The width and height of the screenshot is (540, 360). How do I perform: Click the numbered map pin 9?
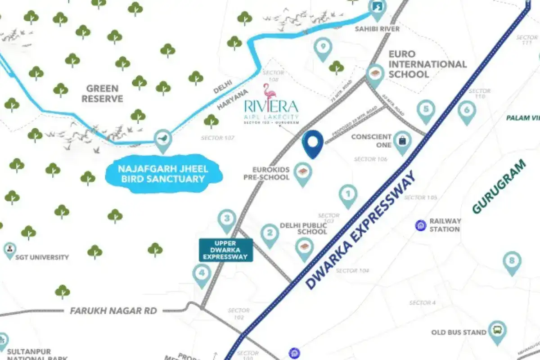coord(323,47)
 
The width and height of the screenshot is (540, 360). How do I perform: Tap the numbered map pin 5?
coord(426,110)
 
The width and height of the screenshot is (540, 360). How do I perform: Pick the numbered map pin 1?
coord(348,194)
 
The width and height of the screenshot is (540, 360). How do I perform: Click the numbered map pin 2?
coord(270,234)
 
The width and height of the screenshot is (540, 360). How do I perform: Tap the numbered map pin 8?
coord(512,261)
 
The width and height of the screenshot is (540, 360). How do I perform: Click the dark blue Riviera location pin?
coord(313,142)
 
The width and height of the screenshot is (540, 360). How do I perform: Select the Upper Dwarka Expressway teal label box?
coord(226,250)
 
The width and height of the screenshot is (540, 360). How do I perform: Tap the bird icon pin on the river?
coord(163,138)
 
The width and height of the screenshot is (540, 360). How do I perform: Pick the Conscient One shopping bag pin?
coord(402,140)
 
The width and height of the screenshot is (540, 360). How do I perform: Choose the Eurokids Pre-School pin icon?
coord(302,172)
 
